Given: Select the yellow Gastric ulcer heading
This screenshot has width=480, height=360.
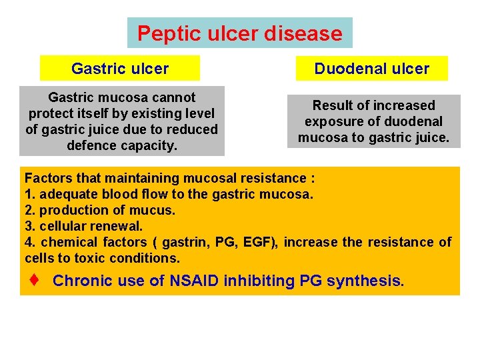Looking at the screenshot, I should click(x=120, y=69).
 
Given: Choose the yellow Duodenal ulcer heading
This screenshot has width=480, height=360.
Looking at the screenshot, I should click(x=372, y=69).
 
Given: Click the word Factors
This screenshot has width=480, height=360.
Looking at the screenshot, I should click(x=46, y=178).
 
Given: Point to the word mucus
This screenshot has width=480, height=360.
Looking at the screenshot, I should click(x=157, y=210).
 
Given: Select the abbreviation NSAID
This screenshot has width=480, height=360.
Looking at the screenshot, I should click(x=193, y=281).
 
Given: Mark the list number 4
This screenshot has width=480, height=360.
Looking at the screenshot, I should click(x=29, y=242).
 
